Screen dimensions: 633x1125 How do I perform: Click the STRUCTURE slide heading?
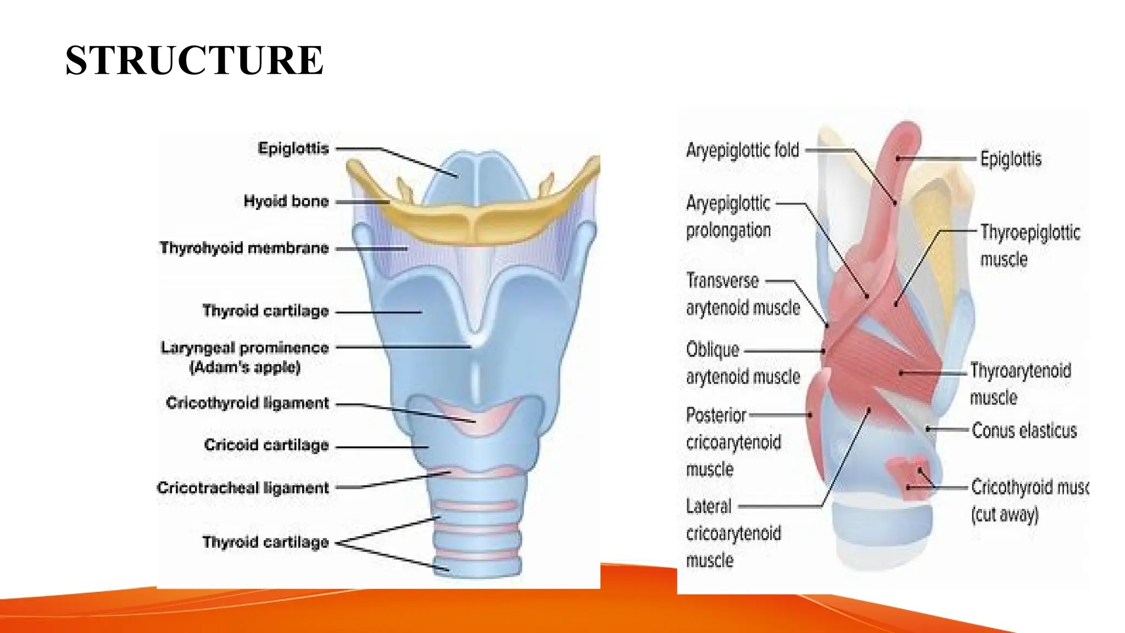click(194, 60)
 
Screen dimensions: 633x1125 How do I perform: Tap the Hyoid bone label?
click(286, 201)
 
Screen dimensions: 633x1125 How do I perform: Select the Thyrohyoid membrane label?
click(244, 248)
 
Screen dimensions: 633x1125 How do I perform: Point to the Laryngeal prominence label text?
click(244, 347)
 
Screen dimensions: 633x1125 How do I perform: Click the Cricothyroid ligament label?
click(247, 403)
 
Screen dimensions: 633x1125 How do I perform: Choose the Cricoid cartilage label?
click(266, 445)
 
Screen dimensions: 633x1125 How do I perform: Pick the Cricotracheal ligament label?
click(243, 487)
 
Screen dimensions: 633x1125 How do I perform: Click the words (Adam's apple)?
click(245, 367)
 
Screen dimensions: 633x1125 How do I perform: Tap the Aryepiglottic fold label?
click(742, 150)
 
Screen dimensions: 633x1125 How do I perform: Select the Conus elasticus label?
click(1024, 430)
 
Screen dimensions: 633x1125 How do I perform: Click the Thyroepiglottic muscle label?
click(1029, 245)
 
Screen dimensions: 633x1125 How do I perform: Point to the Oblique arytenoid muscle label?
click(742, 363)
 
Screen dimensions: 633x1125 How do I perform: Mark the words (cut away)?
click(1004, 515)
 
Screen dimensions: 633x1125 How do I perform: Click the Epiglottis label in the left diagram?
click(293, 148)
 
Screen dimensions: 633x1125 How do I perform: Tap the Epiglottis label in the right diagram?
click(1011, 159)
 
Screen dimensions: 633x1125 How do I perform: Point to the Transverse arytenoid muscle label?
click(742, 294)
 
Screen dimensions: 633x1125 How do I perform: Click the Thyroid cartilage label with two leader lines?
click(265, 542)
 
